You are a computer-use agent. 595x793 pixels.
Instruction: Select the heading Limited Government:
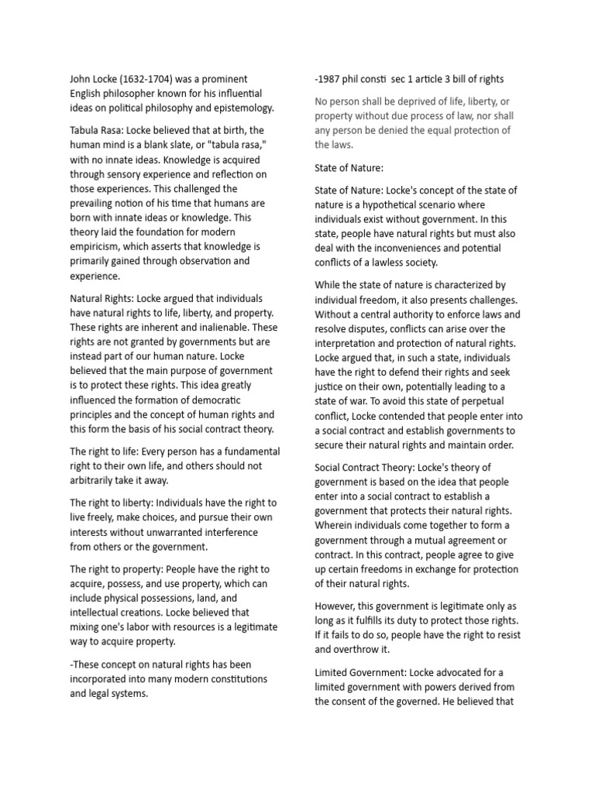point(366,671)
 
